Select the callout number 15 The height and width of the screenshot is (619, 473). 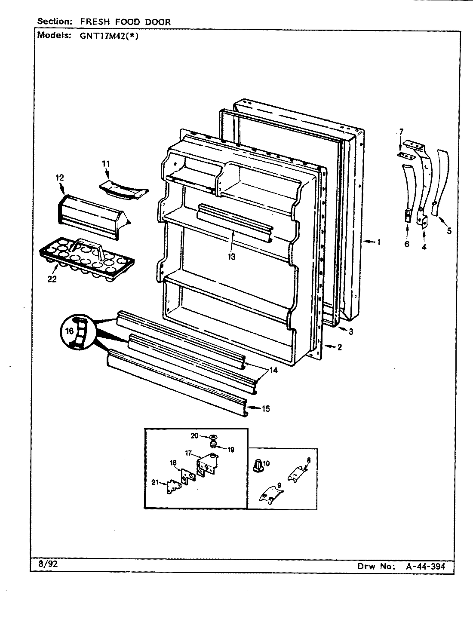click(266, 408)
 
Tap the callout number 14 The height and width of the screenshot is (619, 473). click(274, 369)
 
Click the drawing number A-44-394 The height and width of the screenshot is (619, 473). click(425, 567)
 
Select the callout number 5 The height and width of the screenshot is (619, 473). click(448, 231)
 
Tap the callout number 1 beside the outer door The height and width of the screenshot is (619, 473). click(378, 242)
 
